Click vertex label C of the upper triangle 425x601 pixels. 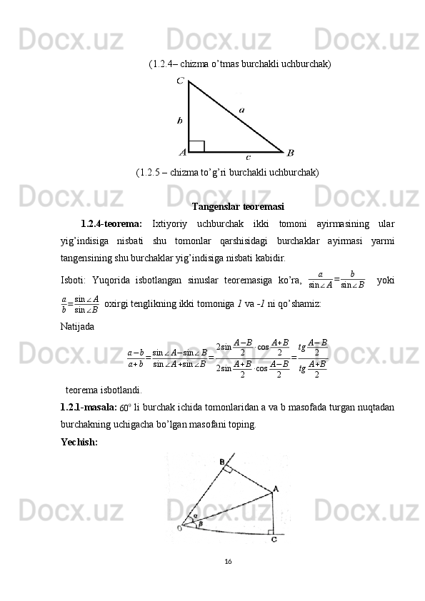[181, 82]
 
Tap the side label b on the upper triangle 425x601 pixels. [180, 121]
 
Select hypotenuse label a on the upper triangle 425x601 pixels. [241, 110]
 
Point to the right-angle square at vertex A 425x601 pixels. [197, 146]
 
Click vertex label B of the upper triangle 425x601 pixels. [290, 152]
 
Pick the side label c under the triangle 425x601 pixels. [248, 156]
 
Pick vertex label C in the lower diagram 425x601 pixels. [274, 540]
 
